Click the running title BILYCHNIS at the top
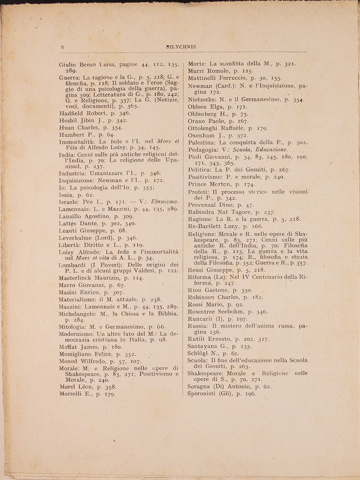(x=181, y=47)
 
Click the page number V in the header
(x=62, y=47)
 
